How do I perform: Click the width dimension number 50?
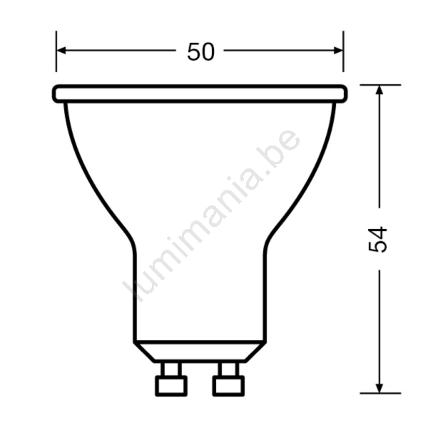click(x=201, y=51)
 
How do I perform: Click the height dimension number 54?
click(x=378, y=240)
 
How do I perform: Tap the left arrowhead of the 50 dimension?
click(x=61, y=51)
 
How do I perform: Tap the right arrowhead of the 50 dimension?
click(x=338, y=51)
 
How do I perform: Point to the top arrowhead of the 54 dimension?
click(x=379, y=90)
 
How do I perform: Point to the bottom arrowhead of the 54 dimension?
click(x=379, y=389)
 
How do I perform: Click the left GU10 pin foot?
click(x=171, y=386)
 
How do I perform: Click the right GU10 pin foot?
click(x=229, y=386)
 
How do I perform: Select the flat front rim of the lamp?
click(x=200, y=93)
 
